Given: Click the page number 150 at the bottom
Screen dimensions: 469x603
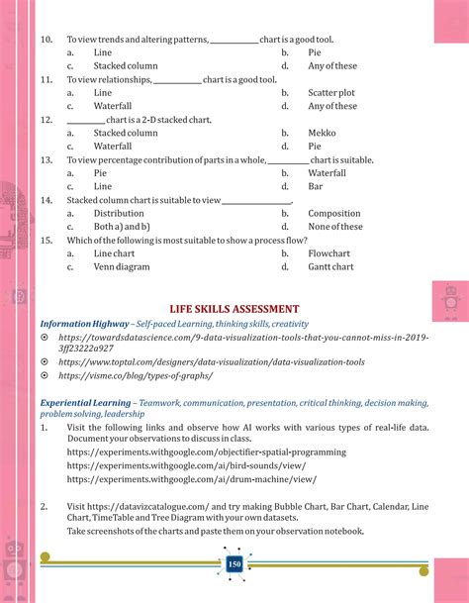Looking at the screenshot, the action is [x=234, y=564].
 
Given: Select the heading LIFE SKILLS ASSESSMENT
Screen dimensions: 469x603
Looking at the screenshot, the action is [x=234, y=309].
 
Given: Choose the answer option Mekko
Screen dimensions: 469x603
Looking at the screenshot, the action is [x=323, y=133].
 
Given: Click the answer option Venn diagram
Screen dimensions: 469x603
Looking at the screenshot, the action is [x=122, y=266].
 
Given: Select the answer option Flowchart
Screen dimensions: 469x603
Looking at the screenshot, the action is [x=329, y=253].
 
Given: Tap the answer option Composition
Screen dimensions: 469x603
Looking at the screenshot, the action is [x=334, y=213].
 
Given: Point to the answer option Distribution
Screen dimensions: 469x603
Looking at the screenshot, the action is [x=119, y=213].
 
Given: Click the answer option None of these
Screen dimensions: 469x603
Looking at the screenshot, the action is [x=335, y=227].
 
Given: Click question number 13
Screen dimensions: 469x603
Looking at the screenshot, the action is [x=47, y=159].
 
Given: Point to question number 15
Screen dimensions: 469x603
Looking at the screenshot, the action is [x=47, y=240].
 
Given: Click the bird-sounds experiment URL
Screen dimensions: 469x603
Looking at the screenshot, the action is [x=192, y=465].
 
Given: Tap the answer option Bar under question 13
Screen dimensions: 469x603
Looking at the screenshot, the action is [x=316, y=186].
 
